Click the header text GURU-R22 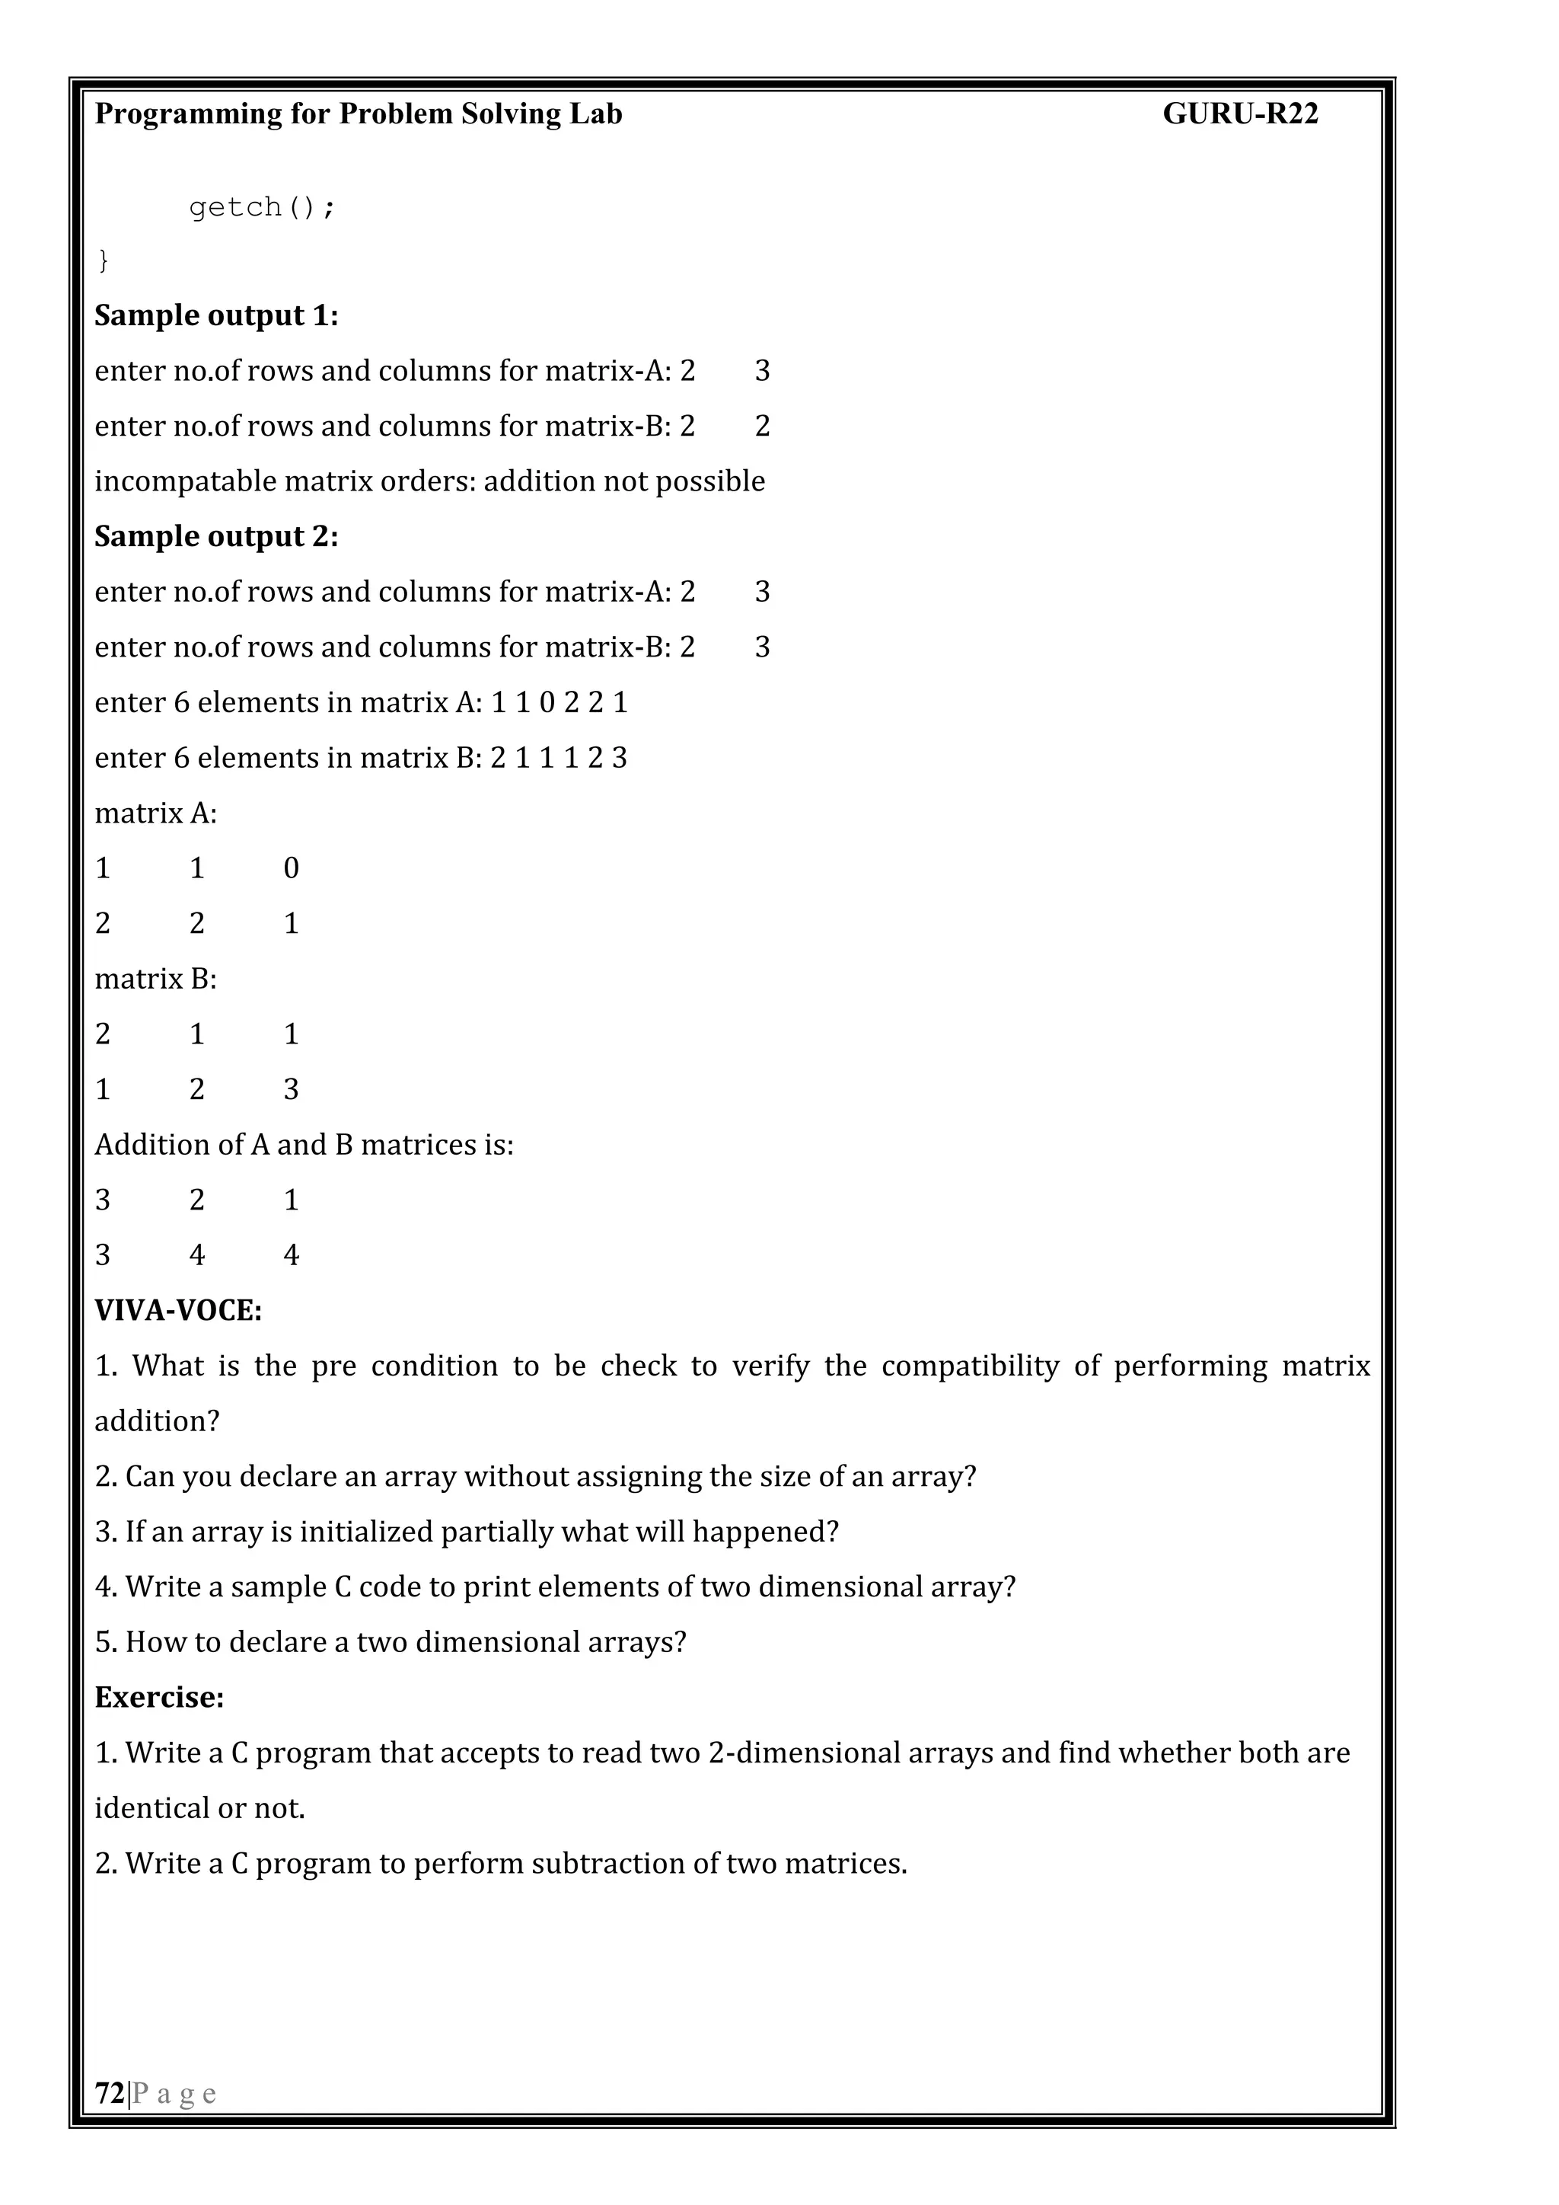[x=1239, y=114]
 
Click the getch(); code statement [x=262, y=207]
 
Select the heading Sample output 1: [x=216, y=316]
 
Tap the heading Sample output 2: [x=216, y=537]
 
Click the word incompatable [x=184, y=481]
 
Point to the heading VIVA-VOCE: [x=177, y=1311]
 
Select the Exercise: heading [x=159, y=1697]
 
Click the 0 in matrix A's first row [x=291, y=868]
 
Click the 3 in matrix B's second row [x=291, y=1089]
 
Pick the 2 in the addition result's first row [x=197, y=1200]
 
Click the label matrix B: [x=155, y=979]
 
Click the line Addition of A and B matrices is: [x=304, y=1145]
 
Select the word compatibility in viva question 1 [x=970, y=1366]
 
